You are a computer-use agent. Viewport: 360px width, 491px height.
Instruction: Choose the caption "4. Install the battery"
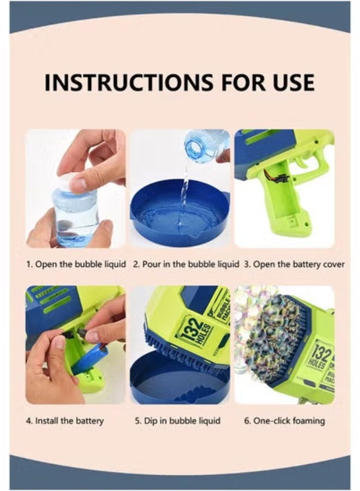coord(64,421)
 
